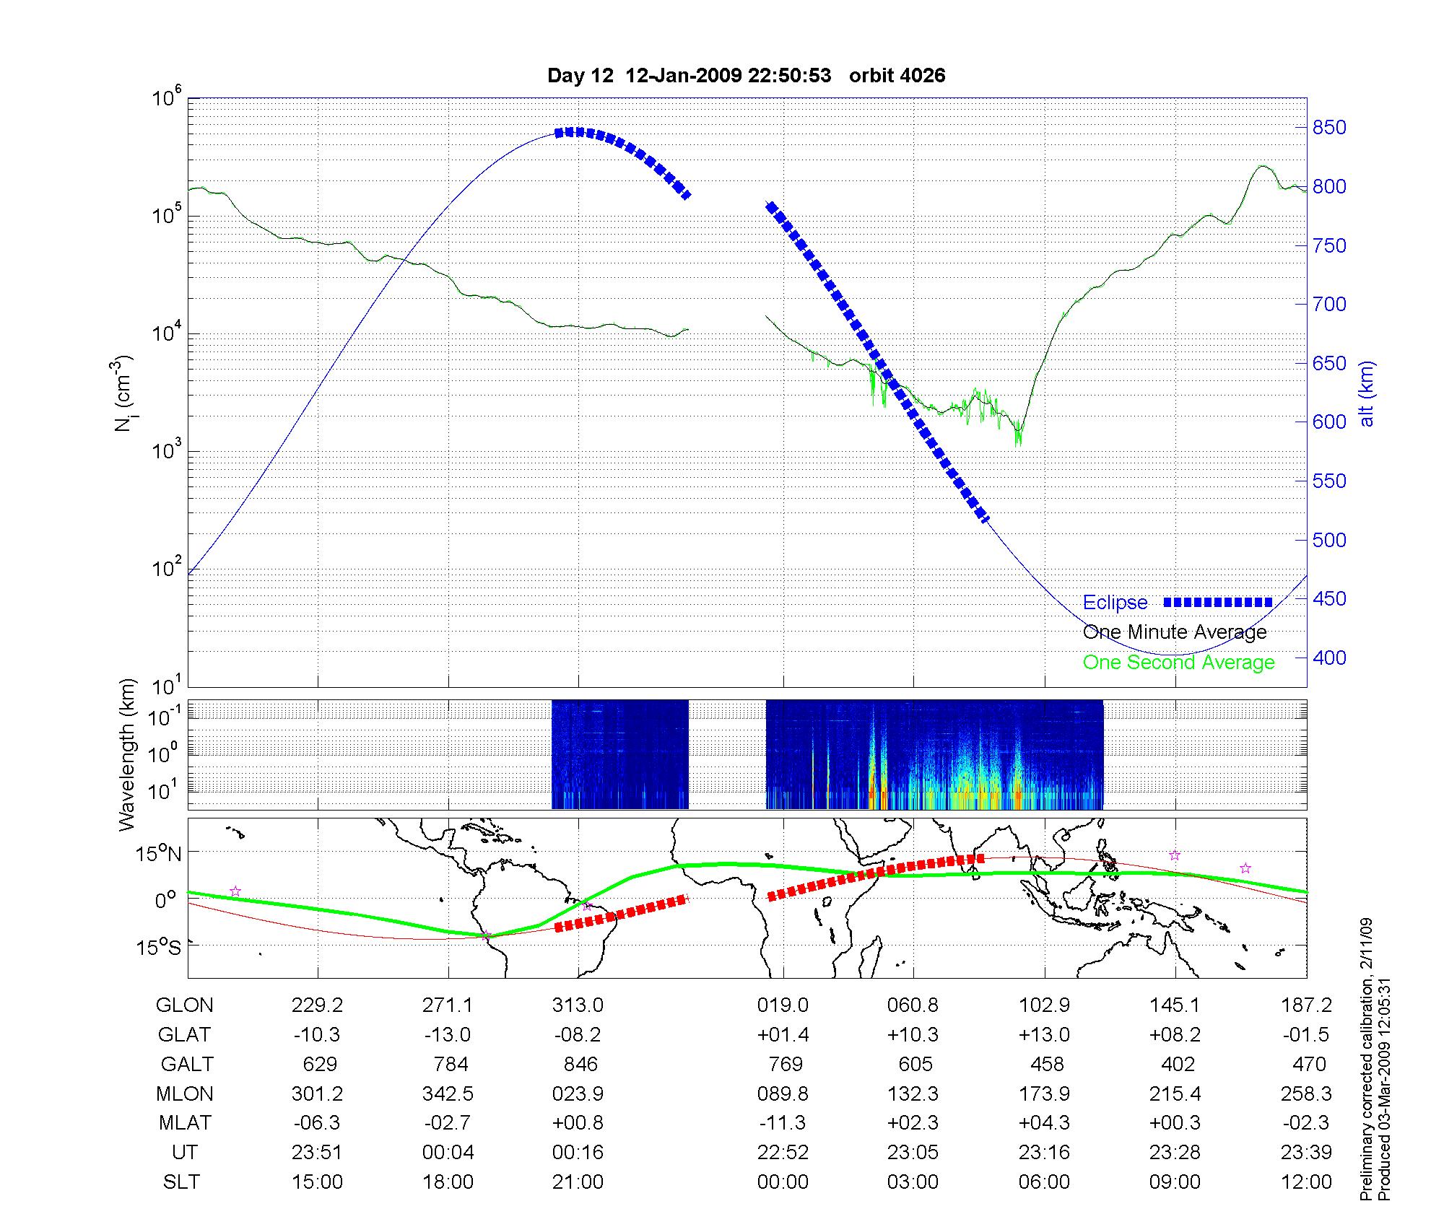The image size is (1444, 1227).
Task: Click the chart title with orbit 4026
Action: (x=746, y=76)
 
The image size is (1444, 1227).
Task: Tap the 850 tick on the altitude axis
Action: (x=1329, y=128)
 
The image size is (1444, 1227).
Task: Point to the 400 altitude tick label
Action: (x=1329, y=658)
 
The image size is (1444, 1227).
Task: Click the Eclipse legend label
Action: (x=1115, y=603)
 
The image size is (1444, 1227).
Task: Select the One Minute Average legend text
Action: (x=1175, y=632)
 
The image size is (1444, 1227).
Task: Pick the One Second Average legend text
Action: (x=1178, y=663)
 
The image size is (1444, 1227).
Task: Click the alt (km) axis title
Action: (x=1367, y=393)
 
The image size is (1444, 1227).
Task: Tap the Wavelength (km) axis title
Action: (x=127, y=755)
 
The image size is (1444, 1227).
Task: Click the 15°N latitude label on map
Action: (x=159, y=855)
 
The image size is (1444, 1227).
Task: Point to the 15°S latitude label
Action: (x=159, y=947)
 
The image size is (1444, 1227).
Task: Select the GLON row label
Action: (x=184, y=1005)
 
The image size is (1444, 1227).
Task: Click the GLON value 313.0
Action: (x=578, y=1005)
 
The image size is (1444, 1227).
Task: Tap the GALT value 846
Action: (x=580, y=1065)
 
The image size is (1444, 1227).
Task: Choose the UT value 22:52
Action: (x=783, y=1153)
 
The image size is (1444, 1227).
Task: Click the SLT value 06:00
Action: (x=1044, y=1182)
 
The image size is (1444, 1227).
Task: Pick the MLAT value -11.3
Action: (x=783, y=1123)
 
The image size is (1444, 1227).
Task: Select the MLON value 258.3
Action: (x=1306, y=1094)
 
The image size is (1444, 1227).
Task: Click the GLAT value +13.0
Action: (x=1044, y=1035)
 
